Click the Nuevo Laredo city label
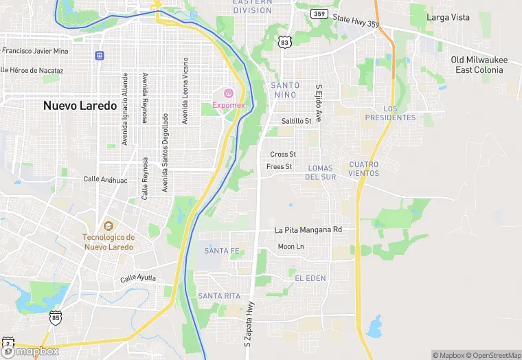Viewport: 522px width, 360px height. click(x=80, y=106)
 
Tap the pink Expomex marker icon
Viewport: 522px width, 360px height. click(x=229, y=93)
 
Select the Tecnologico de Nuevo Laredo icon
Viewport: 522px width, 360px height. click(x=108, y=226)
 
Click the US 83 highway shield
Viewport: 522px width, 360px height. click(x=286, y=43)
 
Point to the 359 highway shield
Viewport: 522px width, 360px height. click(x=318, y=14)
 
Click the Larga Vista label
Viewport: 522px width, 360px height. click(x=448, y=17)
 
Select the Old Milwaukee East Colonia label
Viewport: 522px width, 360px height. click(x=479, y=65)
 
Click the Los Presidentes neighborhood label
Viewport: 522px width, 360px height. click(x=390, y=113)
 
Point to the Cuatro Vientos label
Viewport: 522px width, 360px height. click(x=364, y=168)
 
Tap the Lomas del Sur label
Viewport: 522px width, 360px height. click(x=321, y=172)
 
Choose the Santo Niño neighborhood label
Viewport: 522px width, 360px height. click(x=280, y=89)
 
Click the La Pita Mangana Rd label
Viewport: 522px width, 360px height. click(x=308, y=230)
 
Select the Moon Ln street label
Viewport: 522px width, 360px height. click(x=291, y=247)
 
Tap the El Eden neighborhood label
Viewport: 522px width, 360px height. click(x=310, y=277)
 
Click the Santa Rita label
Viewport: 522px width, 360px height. click(x=219, y=295)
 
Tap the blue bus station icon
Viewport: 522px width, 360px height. click(x=100, y=55)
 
